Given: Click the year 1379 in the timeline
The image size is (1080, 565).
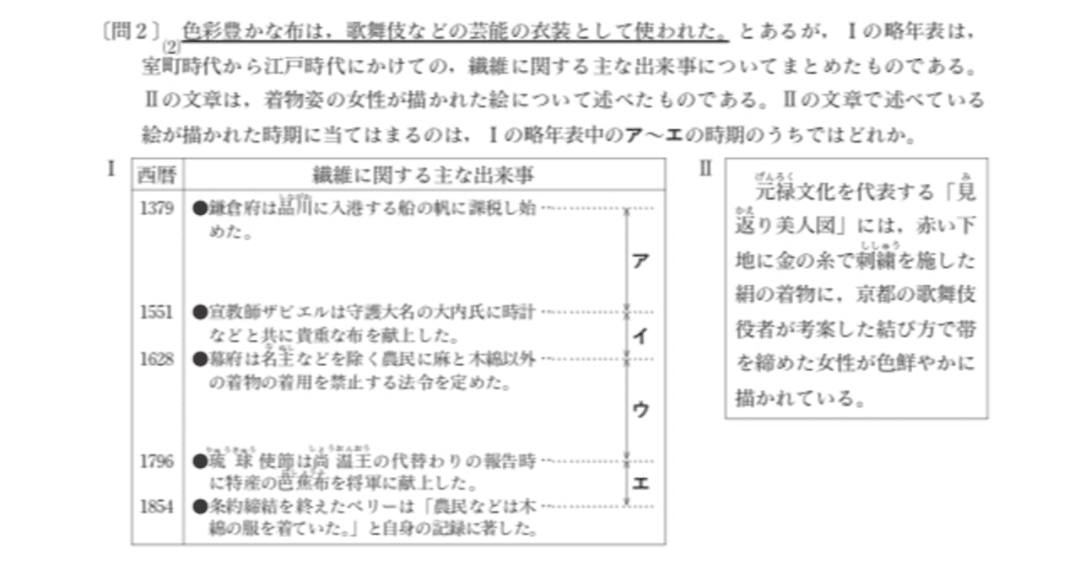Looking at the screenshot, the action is pyautogui.click(x=157, y=208).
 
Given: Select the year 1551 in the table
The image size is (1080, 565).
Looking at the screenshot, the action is pyautogui.click(x=157, y=312).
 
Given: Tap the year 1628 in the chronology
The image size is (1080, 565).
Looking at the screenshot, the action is pyautogui.click(x=157, y=359).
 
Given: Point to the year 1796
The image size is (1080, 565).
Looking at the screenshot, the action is pyautogui.click(x=157, y=460).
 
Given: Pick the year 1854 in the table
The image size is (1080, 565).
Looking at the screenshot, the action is pyautogui.click(x=157, y=506).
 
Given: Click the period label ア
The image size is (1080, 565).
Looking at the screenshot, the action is pyautogui.click(x=640, y=261).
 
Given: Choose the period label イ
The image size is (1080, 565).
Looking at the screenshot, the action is pyautogui.click(x=640, y=336).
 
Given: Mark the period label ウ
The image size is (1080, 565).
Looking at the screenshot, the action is pyautogui.click(x=640, y=410).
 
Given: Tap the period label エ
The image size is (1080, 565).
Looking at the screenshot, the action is pyautogui.click(x=640, y=483).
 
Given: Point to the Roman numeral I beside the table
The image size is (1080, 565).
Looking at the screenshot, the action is pyautogui.click(x=111, y=168).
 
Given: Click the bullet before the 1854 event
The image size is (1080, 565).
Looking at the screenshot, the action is pyautogui.click(x=199, y=507).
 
